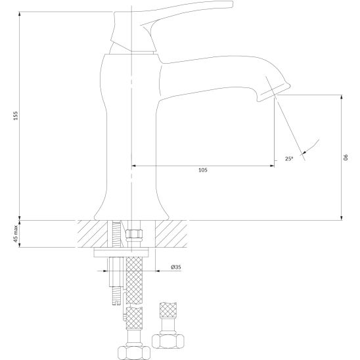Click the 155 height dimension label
point(15,116)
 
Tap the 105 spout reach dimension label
point(203,170)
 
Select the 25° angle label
point(289,158)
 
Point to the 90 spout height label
point(346,157)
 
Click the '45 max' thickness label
point(16,234)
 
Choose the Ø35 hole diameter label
point(176,267)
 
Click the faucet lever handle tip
point(233,4)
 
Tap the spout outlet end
point(274,93)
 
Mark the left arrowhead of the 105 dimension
point(133,166)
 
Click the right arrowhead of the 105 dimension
point(272,166)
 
